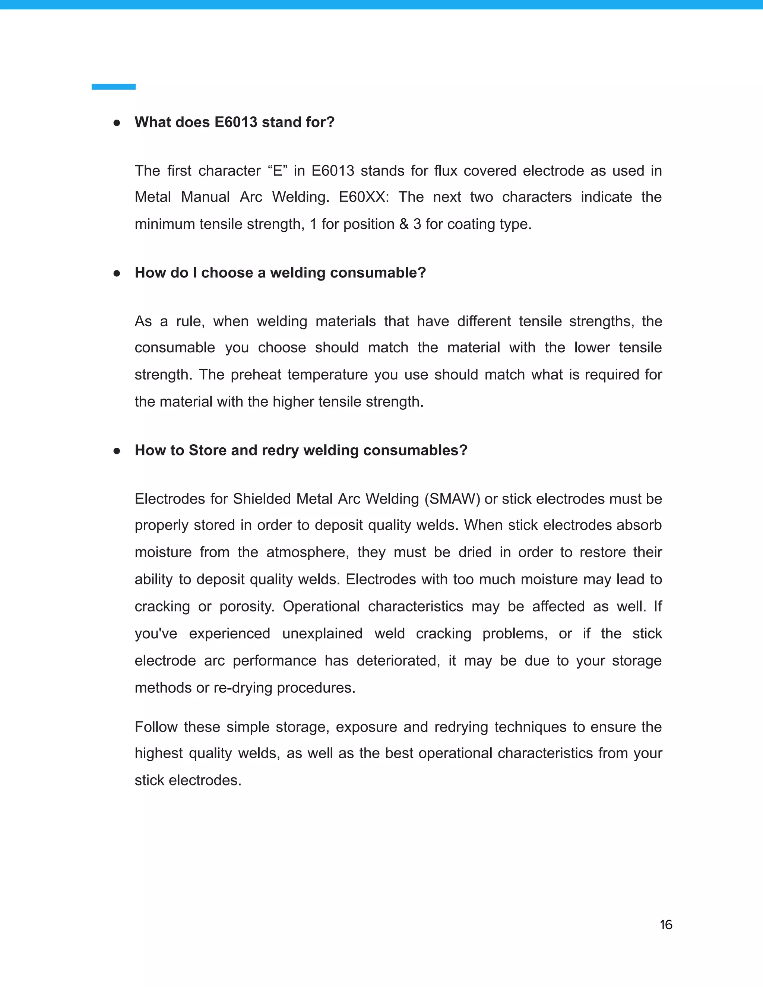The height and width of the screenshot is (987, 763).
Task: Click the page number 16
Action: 666,925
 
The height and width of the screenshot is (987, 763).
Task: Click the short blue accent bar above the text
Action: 114,87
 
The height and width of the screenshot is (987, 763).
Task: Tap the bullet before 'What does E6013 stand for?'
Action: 117,123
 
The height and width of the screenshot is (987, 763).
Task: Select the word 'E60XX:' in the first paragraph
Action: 364,197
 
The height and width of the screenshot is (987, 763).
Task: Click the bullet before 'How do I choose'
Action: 117,273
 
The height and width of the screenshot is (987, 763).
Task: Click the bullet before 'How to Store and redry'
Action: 117,451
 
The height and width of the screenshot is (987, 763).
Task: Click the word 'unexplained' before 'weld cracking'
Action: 322,634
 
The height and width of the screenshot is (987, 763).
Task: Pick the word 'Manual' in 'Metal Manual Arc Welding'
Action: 205,197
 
